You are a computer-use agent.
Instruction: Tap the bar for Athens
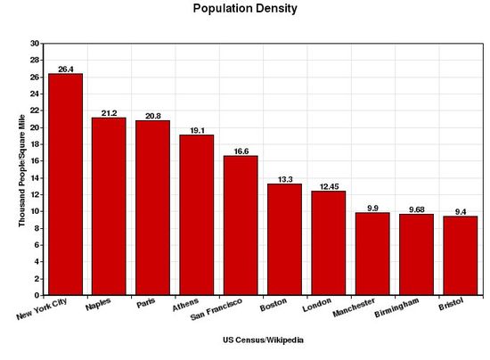196,215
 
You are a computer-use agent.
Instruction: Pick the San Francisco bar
240,225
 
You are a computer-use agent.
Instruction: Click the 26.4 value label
65,68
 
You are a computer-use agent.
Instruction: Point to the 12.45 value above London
328,185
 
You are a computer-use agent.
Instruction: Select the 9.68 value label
415,209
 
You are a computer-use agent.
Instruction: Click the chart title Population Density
245,9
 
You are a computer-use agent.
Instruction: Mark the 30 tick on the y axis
35,43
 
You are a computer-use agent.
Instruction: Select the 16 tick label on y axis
35,160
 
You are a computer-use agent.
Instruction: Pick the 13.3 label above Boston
284,178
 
